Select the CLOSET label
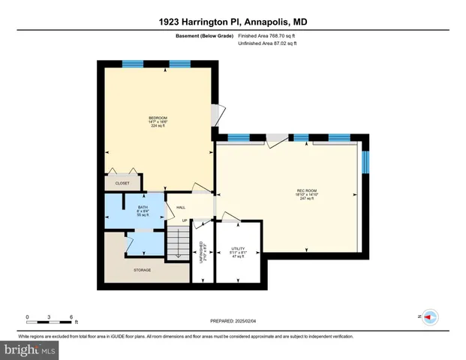[122, 183]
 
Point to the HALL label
[181, 208]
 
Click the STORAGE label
[143, 270]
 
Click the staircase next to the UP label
[178, 244]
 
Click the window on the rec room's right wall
[366, 161]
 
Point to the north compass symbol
[429, 317]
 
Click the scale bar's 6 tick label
[71, 316]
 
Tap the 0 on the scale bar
[27, 316]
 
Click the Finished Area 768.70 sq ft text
[266, 34]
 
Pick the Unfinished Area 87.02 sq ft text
[266, 43]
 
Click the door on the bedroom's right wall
[216, 114]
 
